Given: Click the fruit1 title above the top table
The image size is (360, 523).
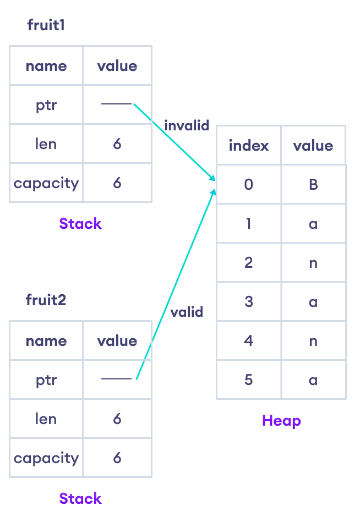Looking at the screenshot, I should [x=46, y=25].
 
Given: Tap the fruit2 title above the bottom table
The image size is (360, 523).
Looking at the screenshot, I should [x=46, y=300].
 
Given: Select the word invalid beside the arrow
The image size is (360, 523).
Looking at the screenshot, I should [x=187, y=125].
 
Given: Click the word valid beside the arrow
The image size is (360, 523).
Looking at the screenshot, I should [x=187, y=312].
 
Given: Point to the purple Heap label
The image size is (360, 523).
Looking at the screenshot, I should [x=281, y=421].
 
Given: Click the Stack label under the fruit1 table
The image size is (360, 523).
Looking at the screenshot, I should [x=80, y=224].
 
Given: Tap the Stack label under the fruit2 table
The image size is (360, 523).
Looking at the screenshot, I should [x=80, y=499].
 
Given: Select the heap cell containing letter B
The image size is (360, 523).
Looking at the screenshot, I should [x=313, y=184].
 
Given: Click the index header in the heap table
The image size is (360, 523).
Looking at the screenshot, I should [x=248, y=146].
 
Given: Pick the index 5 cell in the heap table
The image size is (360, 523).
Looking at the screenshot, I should [x=248, y=380].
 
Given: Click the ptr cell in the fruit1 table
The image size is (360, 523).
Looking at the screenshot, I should [x=46, y=105].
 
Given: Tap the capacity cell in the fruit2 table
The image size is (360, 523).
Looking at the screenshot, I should [x=46, y=458].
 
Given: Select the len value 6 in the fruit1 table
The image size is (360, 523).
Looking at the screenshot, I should [x=117, y=144].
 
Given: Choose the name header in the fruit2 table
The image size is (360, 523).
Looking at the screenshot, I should [x=46, y=341].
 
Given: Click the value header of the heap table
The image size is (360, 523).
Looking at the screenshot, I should [x=313, y=146].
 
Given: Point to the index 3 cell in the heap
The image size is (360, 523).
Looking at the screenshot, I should [x=248, y=302].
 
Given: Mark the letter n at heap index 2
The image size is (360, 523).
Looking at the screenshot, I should [x=313, y=263].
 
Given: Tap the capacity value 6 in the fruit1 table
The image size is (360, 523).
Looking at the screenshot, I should [x=117, y=183].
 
